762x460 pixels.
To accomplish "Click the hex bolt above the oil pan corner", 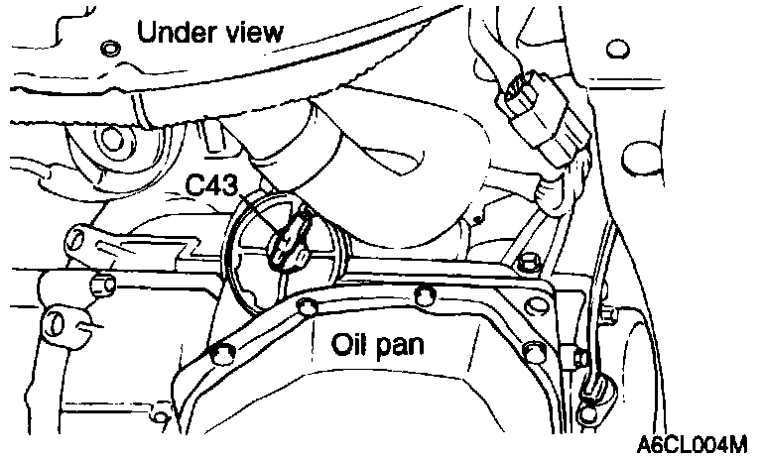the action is (527, 263).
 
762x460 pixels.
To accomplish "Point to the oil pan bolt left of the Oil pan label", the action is (298, 309).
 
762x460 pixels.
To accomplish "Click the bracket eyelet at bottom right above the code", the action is (592, 389).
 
